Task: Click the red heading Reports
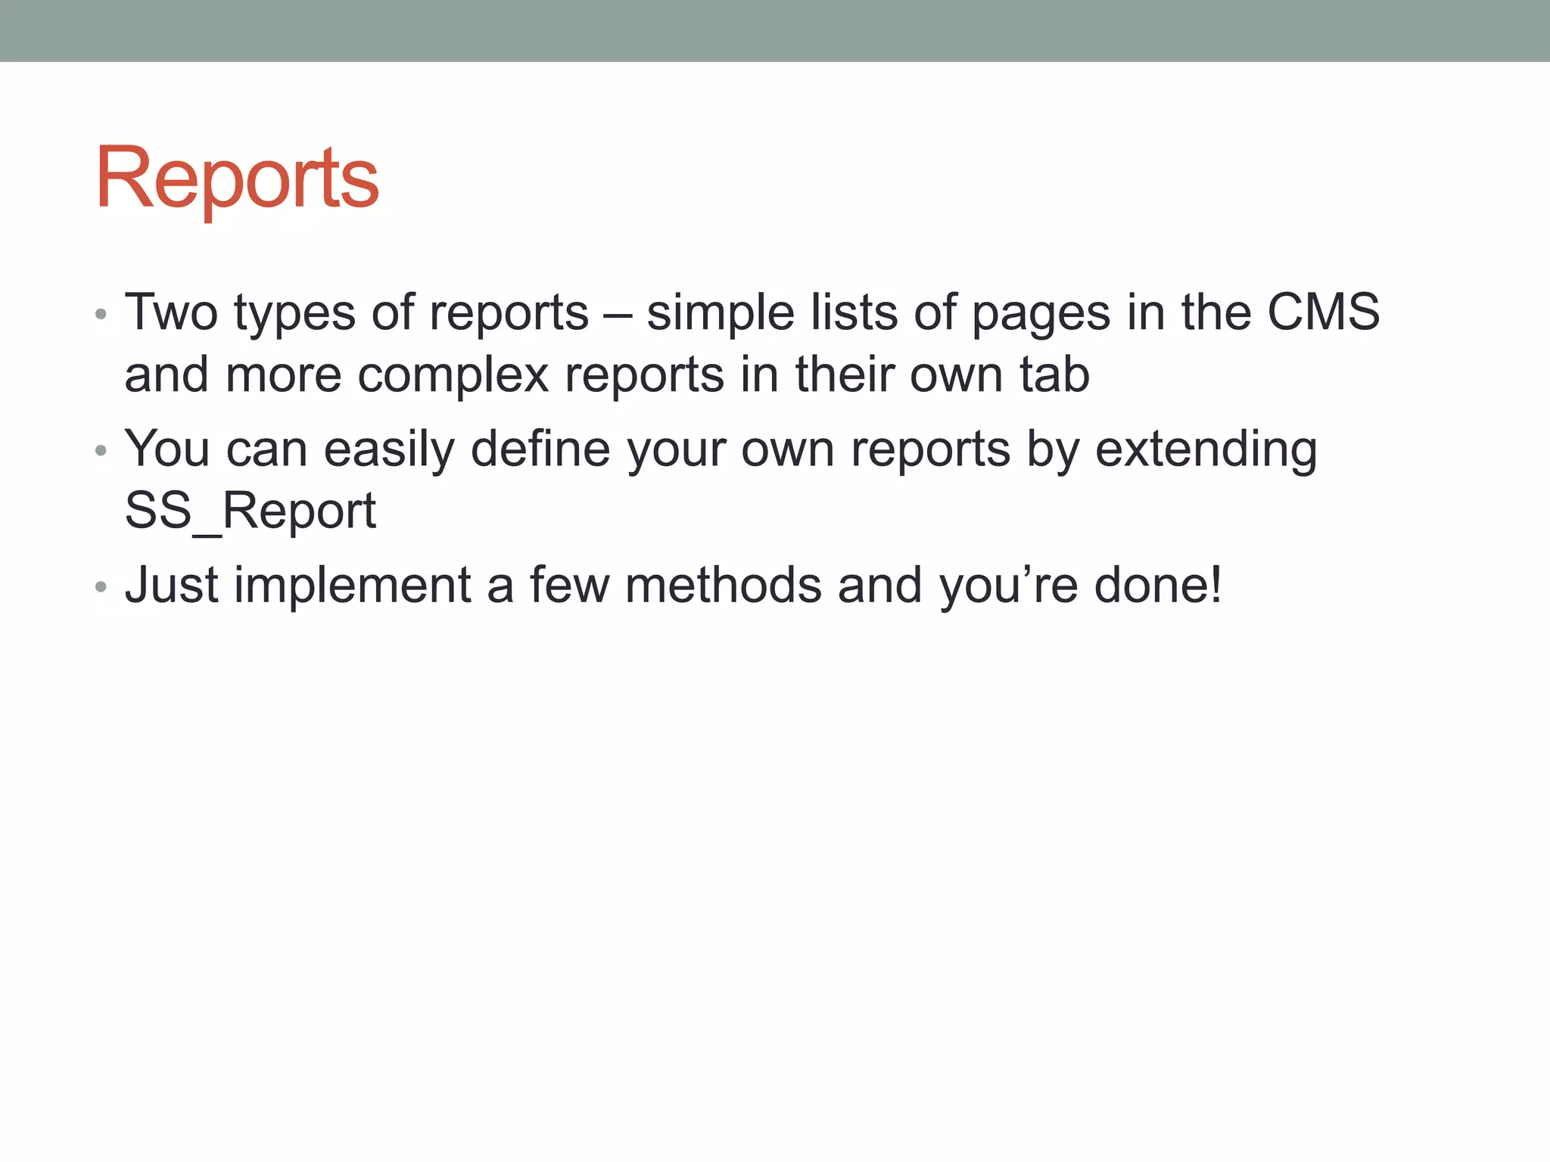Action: [x=237, y=179]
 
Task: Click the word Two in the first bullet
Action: [x=171, y=312]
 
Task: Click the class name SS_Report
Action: [x=250, y=511]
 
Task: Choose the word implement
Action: [x=353, y=586]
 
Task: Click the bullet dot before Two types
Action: [x=101, y=315]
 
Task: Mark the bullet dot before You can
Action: [x=101, y=452]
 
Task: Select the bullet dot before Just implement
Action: [x=101, y=587]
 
